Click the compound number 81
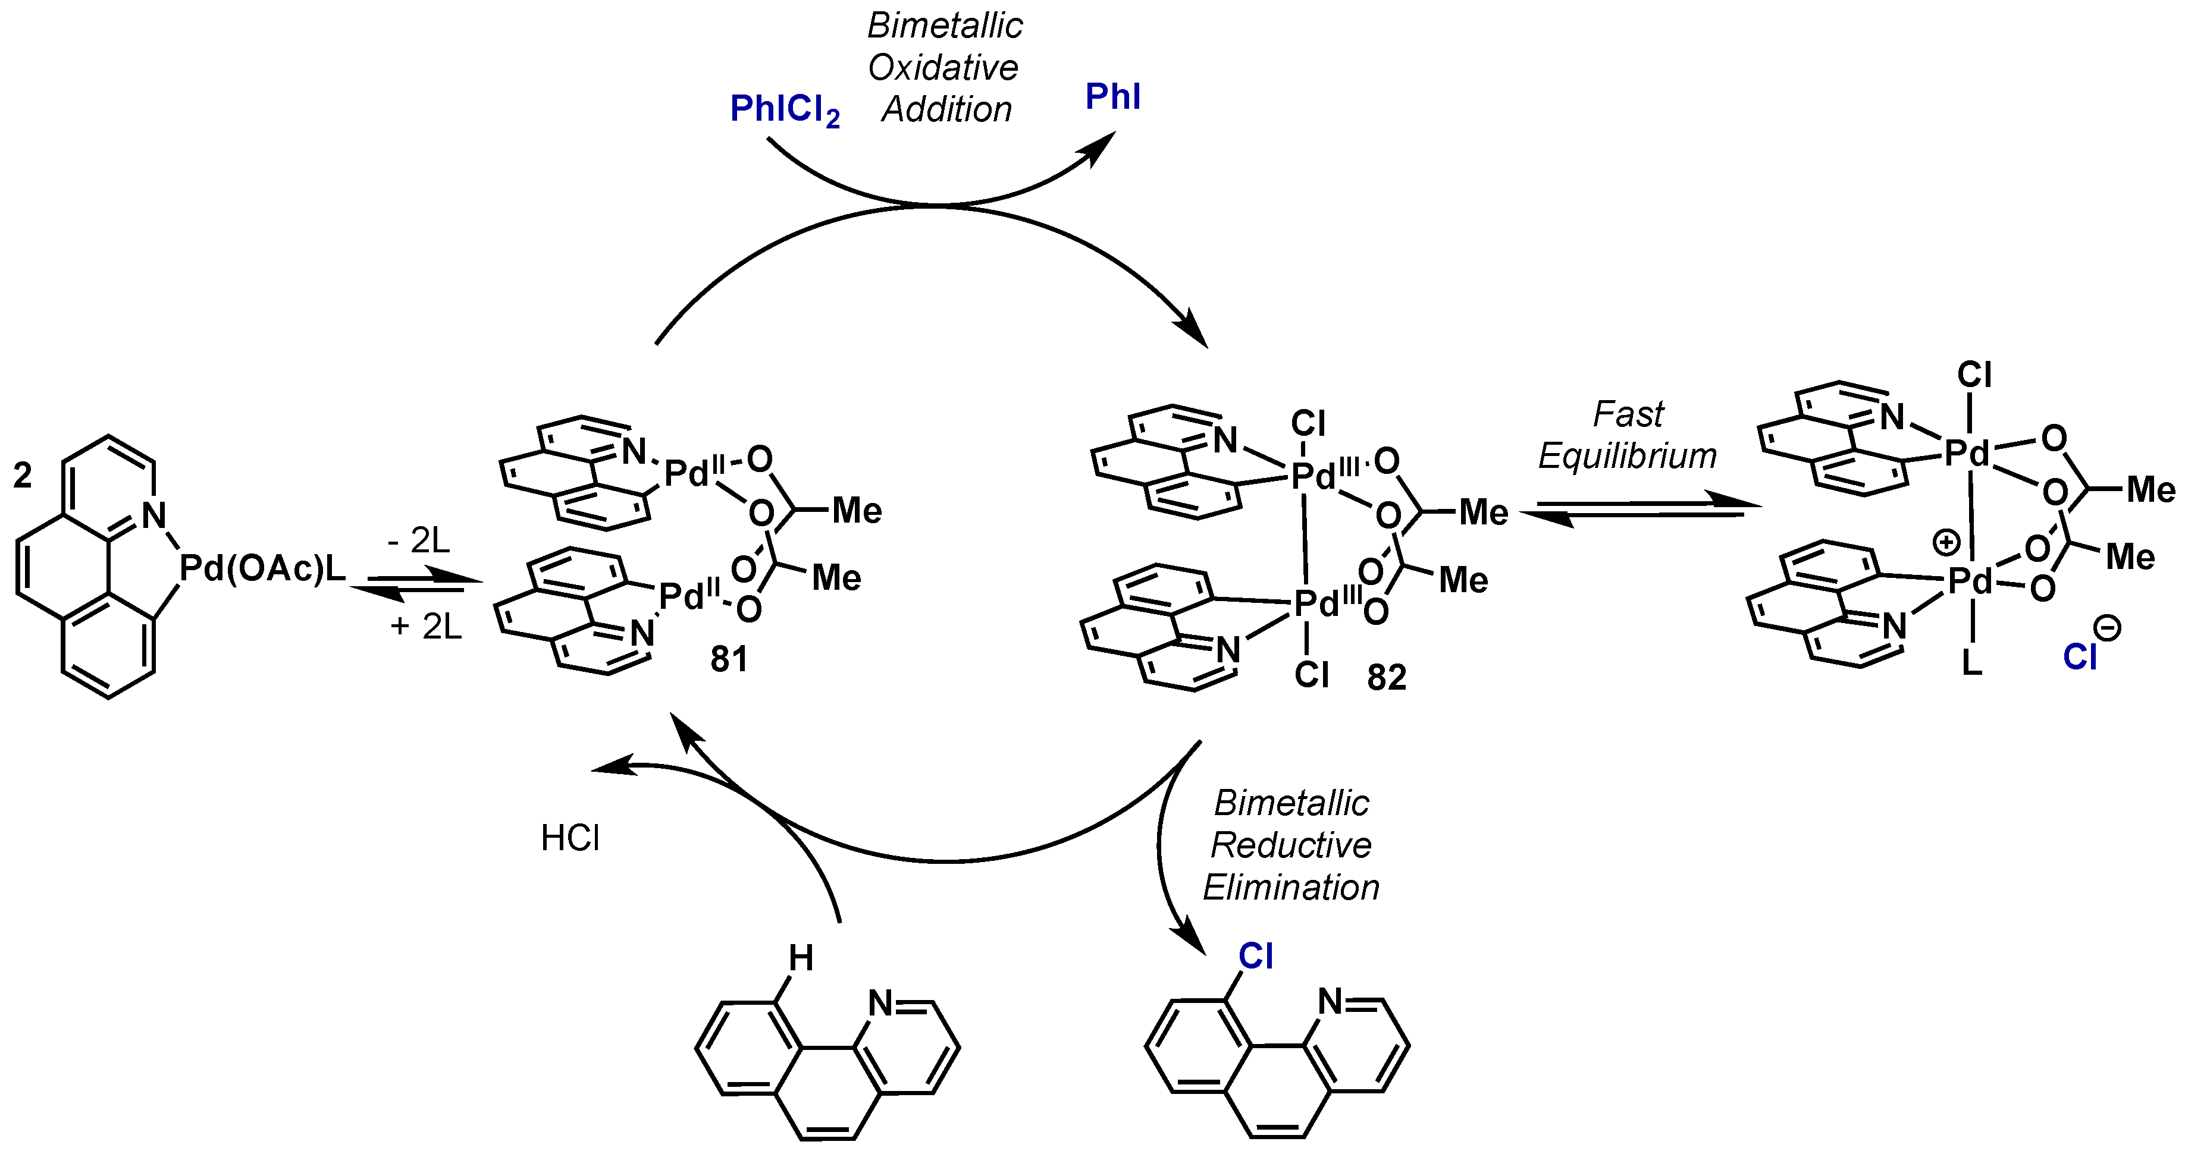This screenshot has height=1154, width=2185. pos(729,660)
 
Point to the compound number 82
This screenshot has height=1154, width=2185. pos(1386,677)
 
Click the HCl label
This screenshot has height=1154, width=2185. pos(570,838)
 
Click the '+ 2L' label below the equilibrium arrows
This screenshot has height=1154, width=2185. pos(426,627)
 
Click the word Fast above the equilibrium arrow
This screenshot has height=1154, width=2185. pos(1627,414)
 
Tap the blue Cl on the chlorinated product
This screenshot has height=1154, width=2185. pos(1255,957)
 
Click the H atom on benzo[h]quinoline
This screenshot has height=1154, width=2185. pos(801,958)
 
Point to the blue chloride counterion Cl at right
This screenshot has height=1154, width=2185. pos(2079,657)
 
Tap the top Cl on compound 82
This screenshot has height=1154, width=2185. pos(1308,423)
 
